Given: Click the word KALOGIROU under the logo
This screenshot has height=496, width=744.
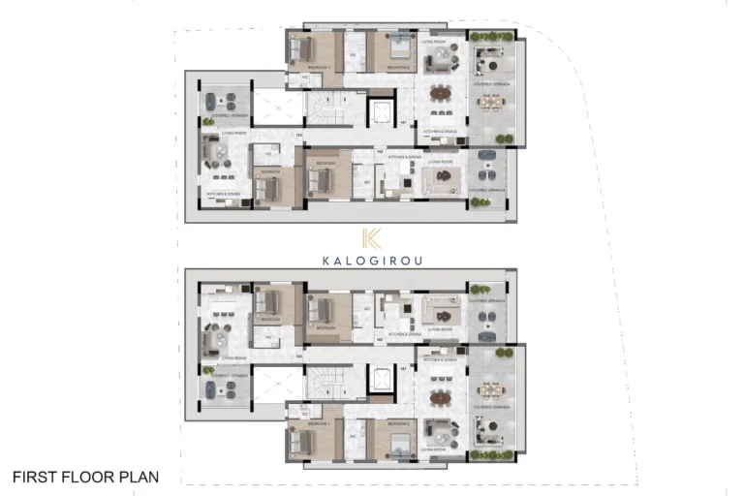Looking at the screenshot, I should (372, 261).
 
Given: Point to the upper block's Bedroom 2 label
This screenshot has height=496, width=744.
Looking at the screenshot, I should (396, 67).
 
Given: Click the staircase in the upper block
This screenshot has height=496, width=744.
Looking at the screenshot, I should (333, 108).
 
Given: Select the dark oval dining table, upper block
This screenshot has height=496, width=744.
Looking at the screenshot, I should (441, 94).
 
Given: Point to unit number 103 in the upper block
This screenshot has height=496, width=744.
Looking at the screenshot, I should (299, 134).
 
